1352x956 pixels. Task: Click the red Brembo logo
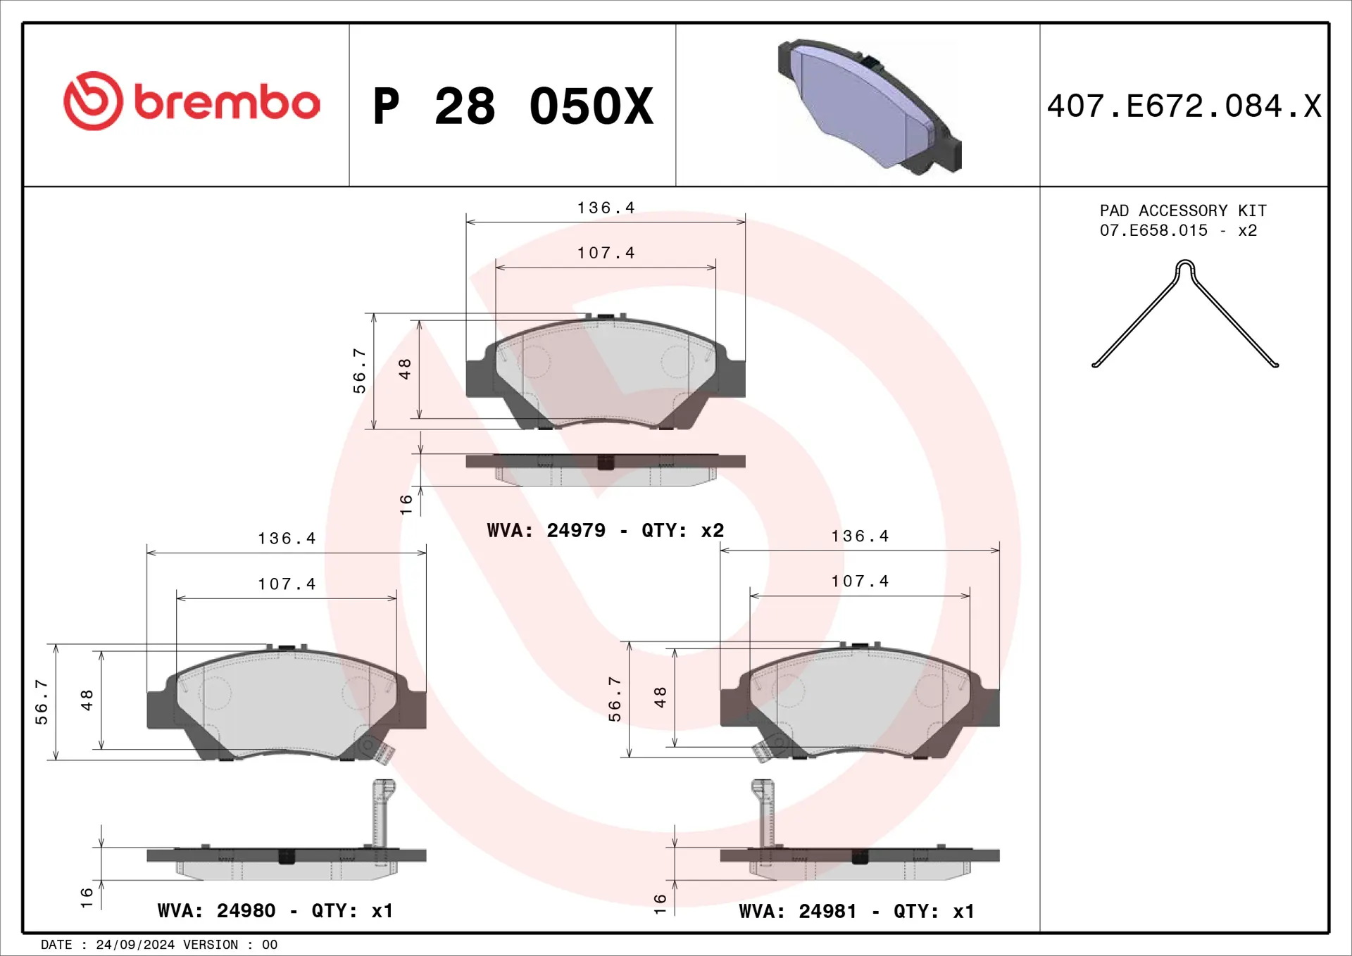(x=192, y=101)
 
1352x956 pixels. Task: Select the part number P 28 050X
(x=513, y=107)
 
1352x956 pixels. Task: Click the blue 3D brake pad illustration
(x=870, y=106)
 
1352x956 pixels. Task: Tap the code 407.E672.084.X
(x=1184, y=107)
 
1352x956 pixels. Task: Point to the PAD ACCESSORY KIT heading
(x=1183, y=210)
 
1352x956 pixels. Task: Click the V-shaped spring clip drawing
(x=1185, y=313)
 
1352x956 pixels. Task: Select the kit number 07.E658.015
(x=1153, y=231)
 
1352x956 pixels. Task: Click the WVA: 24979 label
(x=546, y=530)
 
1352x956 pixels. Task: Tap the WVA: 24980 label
(x=216, y=910)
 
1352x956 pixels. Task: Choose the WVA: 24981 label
(x=798, y=911)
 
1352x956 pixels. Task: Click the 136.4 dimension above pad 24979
(x=606, y=208)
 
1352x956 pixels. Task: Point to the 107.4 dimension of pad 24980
(x=287, y=584)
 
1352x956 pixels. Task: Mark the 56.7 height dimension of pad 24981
(x=615, y=699)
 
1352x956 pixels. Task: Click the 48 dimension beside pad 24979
(x=405, y=368)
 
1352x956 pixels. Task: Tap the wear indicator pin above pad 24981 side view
(x=764, y=813)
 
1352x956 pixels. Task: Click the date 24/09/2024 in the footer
(x=135, y=945)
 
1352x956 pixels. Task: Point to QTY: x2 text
(x=682, y=530)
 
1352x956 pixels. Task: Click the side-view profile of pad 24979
(x=606, y=469)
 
